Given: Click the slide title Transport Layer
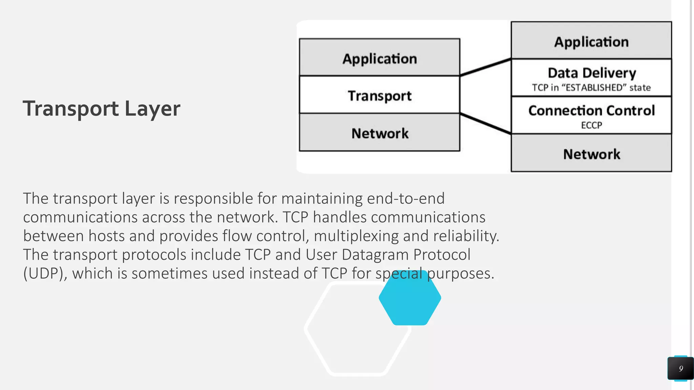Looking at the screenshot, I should click(x=101, y=109).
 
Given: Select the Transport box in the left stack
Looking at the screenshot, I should click(x=380, y=95).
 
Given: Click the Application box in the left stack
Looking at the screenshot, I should click(x=380, y=58).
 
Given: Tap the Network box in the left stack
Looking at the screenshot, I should click(x=380, y=133).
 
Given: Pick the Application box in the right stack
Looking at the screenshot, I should click(x=591, y=41).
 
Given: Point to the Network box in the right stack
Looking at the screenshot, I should click(x=591, y=154).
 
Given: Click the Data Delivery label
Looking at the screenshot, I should click(x=592, y=72).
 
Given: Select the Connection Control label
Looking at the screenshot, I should click(x=591, y=110).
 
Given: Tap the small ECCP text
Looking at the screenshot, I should click(x=591, y=125).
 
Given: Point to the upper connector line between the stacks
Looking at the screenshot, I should click(x=485, y=67).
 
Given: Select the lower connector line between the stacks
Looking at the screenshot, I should click(x=485, y=124).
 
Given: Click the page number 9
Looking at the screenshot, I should click(x=680, y=368).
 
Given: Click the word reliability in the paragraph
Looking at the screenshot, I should click(x=466, y=236).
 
